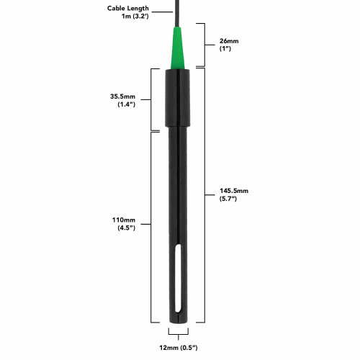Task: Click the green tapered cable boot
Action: pos(178,48)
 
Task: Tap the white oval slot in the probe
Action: pos(178,279)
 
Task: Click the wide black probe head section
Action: pos(178,98)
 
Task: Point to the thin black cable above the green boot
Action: pos(178,13)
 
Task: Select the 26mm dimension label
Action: pos(229,41)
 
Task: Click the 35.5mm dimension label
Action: pos(122,96)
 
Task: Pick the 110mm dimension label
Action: pos(124,220)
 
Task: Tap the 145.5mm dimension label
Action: pos(234,191)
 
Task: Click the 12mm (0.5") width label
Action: pos(179,348)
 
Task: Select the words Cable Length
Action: pos(128,9)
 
